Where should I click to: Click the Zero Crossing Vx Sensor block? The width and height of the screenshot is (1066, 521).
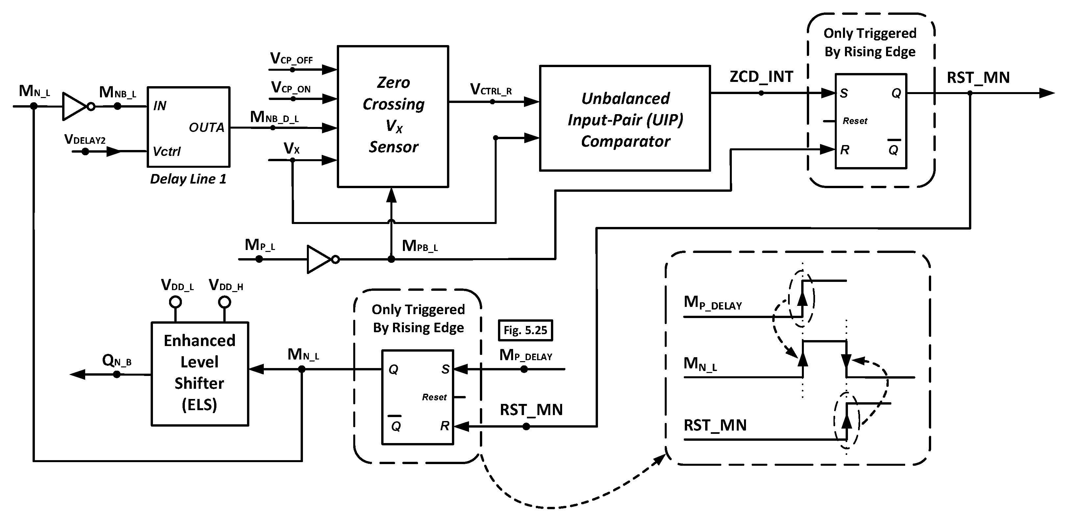[x=393, y=116]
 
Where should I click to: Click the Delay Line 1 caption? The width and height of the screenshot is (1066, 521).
[x=188, y=179]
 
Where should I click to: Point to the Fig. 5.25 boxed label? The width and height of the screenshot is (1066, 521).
[x=525, y=330]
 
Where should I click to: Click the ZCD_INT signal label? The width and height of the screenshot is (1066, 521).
[x=761, y=77]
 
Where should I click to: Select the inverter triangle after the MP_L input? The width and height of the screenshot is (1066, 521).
[x=319, y=260]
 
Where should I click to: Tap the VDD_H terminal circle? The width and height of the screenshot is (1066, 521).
[x=225, y=302]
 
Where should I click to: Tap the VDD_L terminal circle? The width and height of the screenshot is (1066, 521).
[x=175, y=302]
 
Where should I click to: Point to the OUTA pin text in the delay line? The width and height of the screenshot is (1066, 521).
[x=207, y=128]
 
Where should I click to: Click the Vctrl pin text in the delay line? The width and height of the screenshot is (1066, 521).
[x=166, y=151]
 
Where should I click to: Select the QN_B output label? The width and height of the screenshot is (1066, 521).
[x=116, y=361]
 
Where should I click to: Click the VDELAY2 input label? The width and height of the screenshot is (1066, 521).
[x=85, y=139]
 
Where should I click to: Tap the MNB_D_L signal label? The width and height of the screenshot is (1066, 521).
[x=274, y=117]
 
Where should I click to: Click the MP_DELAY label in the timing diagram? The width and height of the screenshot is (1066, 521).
[x=713, y=303]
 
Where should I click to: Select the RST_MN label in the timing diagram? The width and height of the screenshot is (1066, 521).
[x=715, y=425]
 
